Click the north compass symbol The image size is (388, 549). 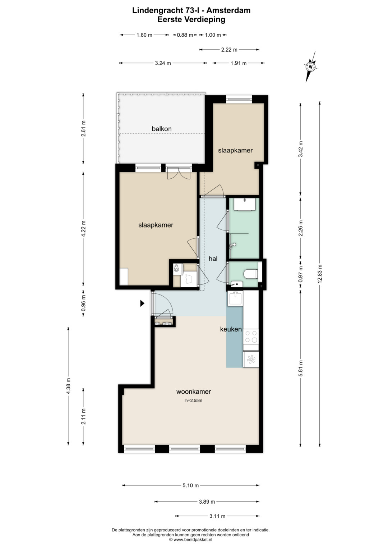click(311, 67)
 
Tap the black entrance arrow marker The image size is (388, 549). click(142, 303)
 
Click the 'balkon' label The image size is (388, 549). click(161, 129)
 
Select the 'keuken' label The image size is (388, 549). click(231, 329)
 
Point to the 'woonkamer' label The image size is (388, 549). click(194, 392)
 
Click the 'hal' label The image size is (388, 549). click(213, 259)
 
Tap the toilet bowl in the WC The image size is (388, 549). click(251, 274)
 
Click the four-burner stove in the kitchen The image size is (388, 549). click(251, 337)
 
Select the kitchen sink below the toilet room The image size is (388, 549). click(235, 298)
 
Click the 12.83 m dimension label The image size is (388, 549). click(320, 274)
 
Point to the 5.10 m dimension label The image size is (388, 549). click(190, 485)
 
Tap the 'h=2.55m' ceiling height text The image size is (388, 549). click(194, 401)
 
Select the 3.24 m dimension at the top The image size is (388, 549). click(163, 63)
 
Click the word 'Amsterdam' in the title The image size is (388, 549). click(230, 10)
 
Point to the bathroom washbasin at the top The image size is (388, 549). click(244, 204)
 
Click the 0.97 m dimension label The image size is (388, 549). click(301, 274)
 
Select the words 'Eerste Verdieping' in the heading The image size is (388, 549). click(191, 19)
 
